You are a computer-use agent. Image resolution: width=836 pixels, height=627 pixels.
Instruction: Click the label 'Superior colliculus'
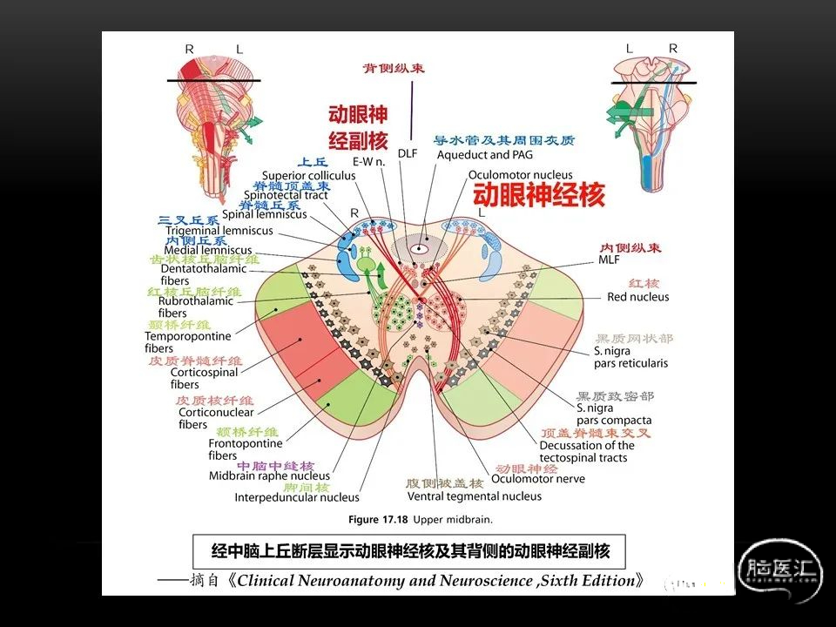coord(308,175)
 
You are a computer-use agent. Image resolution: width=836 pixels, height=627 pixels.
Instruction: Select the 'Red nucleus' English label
coord(637,297)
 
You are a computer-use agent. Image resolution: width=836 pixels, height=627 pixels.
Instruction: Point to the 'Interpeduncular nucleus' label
coord(296,497)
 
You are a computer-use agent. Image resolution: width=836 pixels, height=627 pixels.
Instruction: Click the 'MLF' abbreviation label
coord(609,260)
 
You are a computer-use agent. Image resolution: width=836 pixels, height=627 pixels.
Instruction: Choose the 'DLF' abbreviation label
coord(408,153)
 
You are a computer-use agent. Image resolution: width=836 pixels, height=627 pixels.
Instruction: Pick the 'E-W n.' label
coord(368,162)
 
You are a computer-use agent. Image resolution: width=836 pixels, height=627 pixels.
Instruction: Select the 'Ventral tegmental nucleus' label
coord(475,496)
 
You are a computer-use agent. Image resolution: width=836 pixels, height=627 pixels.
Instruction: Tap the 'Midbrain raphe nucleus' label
coord(269,476)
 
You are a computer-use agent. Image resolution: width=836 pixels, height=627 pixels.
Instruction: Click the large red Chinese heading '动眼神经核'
coord(538,195)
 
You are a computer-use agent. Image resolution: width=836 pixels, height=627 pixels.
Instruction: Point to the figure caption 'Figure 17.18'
coord(421,520)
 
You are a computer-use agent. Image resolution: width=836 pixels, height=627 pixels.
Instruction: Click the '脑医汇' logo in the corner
coord(780,570)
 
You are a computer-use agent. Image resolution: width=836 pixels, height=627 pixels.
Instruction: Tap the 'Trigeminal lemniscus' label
coord(219,231)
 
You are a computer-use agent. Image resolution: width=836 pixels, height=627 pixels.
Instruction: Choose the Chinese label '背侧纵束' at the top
coord(394,68)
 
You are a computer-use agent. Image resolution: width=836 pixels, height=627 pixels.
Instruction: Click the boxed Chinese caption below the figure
coord(410,551)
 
